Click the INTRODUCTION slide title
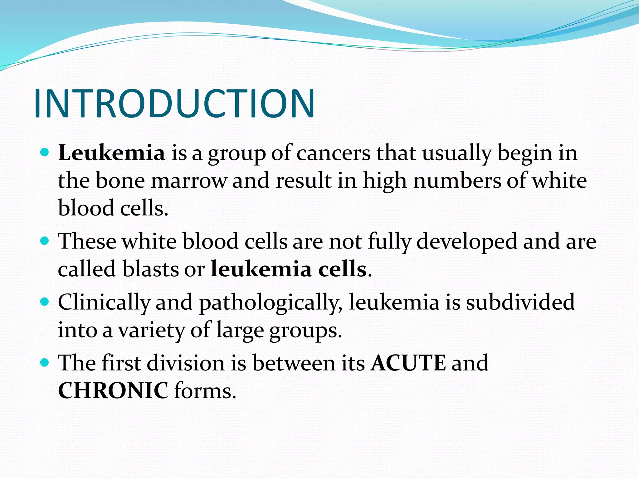(x=174, y=104)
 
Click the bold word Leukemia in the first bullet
(x=111, y=153)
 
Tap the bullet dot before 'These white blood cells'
(x=45, y=241)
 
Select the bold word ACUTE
(x=408, y=363)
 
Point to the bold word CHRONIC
(x=113, y=390)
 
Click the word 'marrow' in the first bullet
(x=189, y=181)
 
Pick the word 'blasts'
(x=150, y=269)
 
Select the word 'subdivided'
(x=520, y=302)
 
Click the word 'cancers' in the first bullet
(x=333, y=153)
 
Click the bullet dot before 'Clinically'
(x=45, y=302)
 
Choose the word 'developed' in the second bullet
(x=467, y=242)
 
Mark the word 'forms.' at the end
(x=205, y=390)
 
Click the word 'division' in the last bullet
(x=186, y=363)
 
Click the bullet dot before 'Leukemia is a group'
(x=45, y=152)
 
